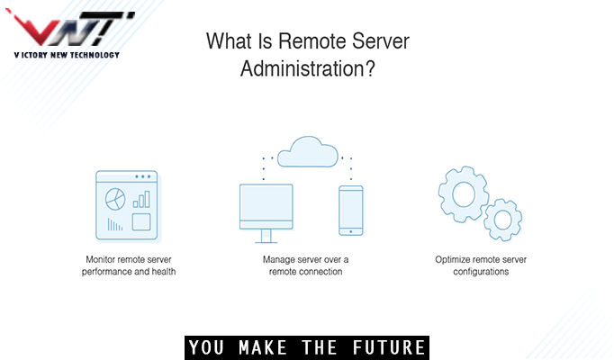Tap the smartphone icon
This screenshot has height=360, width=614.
click(350, 211)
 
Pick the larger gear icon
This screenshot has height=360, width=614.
click(462, 192)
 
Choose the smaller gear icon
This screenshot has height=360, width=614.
click(501, 219)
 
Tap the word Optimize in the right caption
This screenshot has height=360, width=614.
click(452, 259)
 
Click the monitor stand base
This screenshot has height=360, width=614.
click(266, 241)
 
